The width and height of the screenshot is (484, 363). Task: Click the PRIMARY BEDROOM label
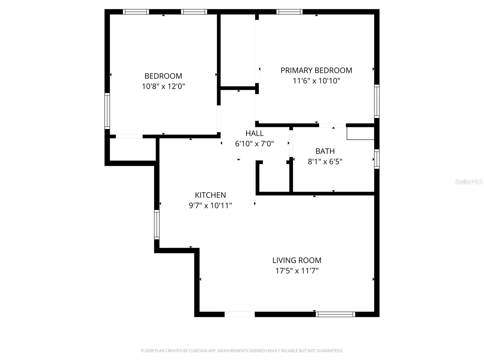[x=316, y=70]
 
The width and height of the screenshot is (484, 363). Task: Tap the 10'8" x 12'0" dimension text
[x=163, y=87]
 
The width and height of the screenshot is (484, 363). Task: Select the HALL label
[x=254, y=133]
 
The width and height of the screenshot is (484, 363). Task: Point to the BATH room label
[x=325, y=151]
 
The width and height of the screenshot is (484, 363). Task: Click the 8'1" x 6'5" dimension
[x=325, y=162]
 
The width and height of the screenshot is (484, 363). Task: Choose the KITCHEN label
[x=210, y=195]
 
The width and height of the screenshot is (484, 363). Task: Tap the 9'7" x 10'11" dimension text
[x=210, y=206]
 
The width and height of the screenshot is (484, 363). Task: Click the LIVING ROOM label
[x=297, y=260]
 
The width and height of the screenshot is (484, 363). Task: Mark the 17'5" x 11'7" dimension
[x=297, y=271]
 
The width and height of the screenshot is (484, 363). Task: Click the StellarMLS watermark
[x=469, y=182]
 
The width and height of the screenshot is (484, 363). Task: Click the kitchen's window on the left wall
[x=157, y=224]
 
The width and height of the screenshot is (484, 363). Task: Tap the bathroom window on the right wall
[x=377, y=159]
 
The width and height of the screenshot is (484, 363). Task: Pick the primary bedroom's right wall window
[x=377, y=101]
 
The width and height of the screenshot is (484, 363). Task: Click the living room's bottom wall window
[x=335, y=314]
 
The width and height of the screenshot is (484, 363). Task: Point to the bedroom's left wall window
[x=107, y=111]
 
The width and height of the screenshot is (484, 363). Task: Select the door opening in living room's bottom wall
[x=240, y=314]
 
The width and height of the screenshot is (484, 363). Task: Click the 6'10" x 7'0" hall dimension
[x=254, y=144]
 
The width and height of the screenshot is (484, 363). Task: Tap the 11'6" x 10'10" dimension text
[x=316, y=81]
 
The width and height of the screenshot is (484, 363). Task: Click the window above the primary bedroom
[x=289, y=12]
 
